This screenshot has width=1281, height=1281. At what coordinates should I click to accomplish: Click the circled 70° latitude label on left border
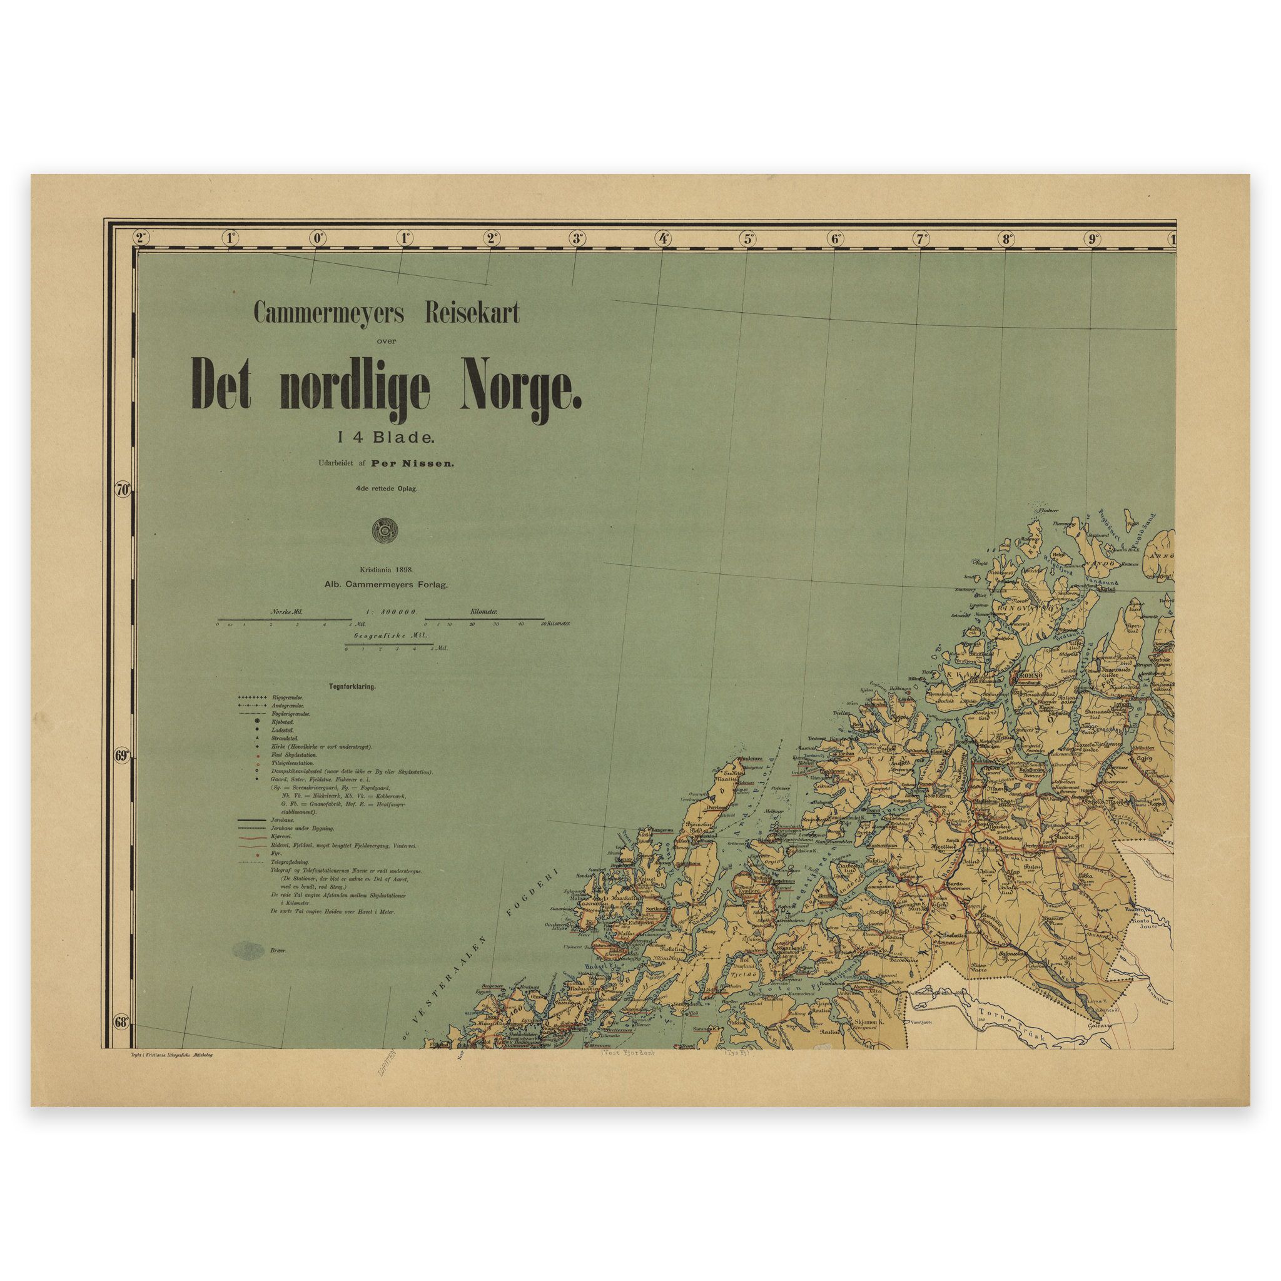[x=123, y=490]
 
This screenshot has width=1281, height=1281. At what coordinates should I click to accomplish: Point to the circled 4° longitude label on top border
[x=662, y=238]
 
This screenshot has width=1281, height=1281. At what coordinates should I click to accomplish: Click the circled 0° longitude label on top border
[x=317, y=238]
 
